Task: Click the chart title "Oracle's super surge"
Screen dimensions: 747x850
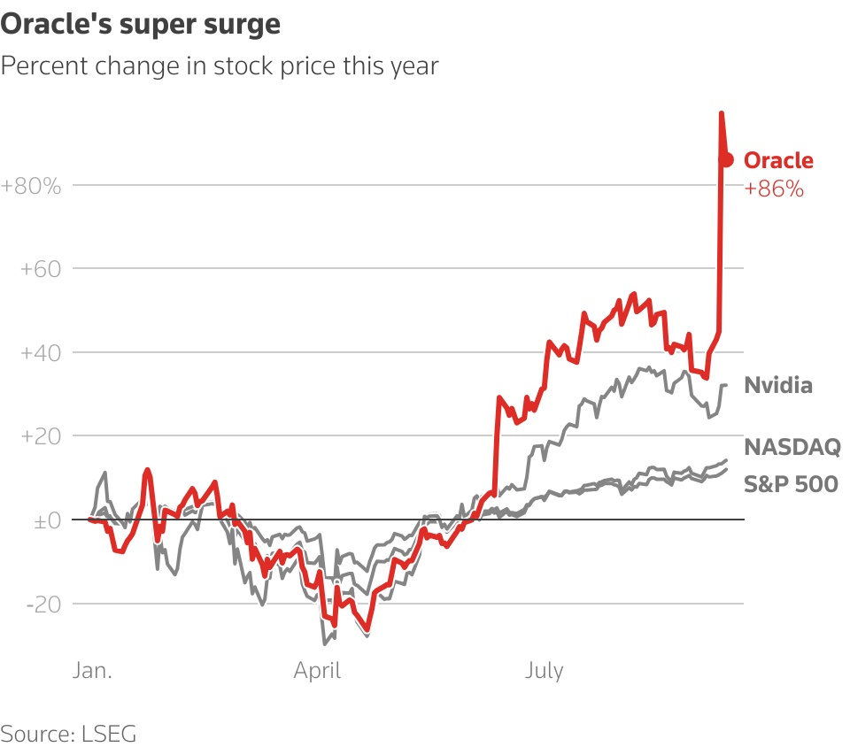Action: [x=141, y=24]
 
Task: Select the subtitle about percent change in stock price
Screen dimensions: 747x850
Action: [x=220, y=65]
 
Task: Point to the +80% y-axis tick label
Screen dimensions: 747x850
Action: [x=31, y=187]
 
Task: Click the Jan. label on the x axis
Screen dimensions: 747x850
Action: [x=91, y=671]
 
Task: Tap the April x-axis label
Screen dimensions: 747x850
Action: [x=317, y=671]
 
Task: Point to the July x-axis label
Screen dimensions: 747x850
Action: [x=544, y=671]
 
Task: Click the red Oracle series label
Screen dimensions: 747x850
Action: [x=777, y=160]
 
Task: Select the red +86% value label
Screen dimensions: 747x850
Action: [x=773, y=189]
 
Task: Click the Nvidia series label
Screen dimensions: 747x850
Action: [x=777, y=385]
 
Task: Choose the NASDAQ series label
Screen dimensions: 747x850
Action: [x=791, y=447]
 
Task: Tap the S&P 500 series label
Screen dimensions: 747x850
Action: [x=791, y=483]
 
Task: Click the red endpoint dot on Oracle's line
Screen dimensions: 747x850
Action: [x=727, y=159]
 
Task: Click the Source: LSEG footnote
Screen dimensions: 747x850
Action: [x=69, y=733]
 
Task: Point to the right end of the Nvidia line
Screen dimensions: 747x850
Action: [x=726, y=385]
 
